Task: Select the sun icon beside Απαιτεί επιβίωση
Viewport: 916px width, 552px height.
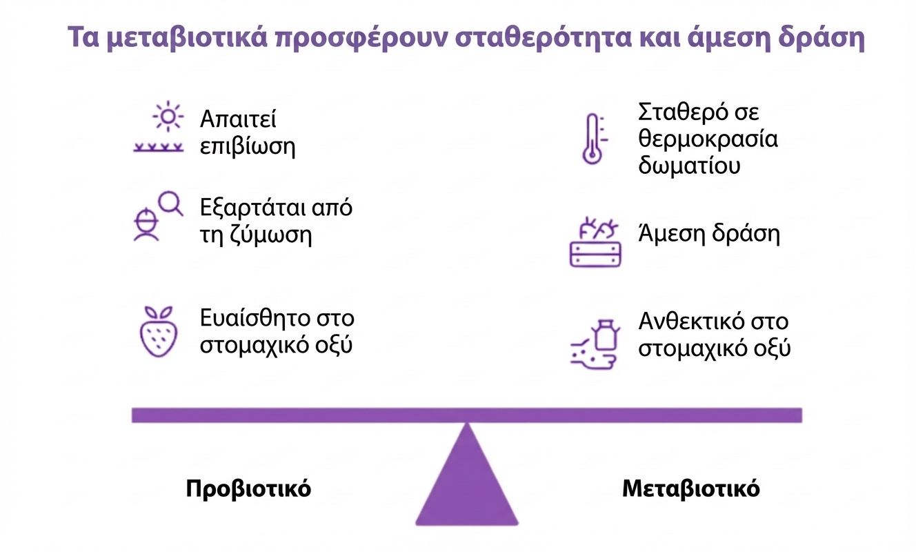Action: pos(167,116)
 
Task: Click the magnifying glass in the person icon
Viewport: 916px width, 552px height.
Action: pos(170,202)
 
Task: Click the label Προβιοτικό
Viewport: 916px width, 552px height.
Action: pos(248,489)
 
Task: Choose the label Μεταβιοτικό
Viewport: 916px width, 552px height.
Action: pos(690,489)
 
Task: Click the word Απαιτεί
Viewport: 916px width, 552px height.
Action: pos(238,119)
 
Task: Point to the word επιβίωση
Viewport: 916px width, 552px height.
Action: pos(248,147)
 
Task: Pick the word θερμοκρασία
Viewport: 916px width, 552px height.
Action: pos(708,139)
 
